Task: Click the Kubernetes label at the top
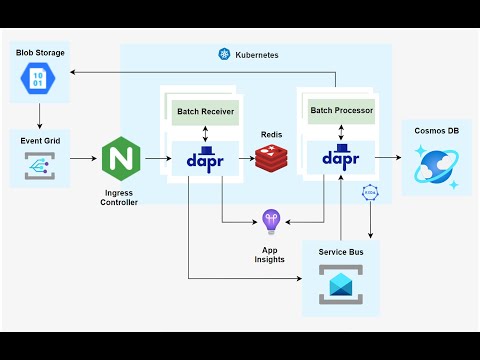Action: point(257,54)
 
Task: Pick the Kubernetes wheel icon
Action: point(224,54)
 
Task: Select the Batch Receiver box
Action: point(205,111)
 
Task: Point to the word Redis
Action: point(271,134)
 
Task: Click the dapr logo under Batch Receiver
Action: point(205,158)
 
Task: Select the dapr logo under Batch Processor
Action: point(341,158)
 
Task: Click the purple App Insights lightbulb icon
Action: point(270,220)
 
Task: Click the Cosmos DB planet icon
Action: point(437,166)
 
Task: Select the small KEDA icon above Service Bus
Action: point(369,190)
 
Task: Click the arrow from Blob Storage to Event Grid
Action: point(39,118)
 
